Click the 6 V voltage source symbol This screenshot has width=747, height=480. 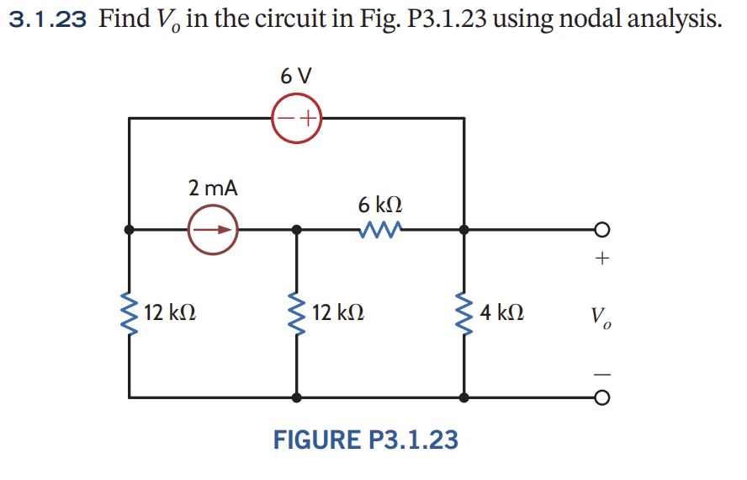[296, 118]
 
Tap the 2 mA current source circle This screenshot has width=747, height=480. [213, 228]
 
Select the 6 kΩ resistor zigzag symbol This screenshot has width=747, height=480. [379, 229]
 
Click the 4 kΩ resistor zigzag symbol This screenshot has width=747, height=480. [464, 313]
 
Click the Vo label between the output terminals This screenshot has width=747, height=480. [601, 317]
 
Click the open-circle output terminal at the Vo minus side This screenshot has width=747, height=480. [601, 397]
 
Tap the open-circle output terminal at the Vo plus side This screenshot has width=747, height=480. [601, 229]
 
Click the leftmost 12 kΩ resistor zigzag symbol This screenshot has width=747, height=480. [129, 313]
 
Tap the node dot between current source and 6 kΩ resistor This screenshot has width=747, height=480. [296, 229]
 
